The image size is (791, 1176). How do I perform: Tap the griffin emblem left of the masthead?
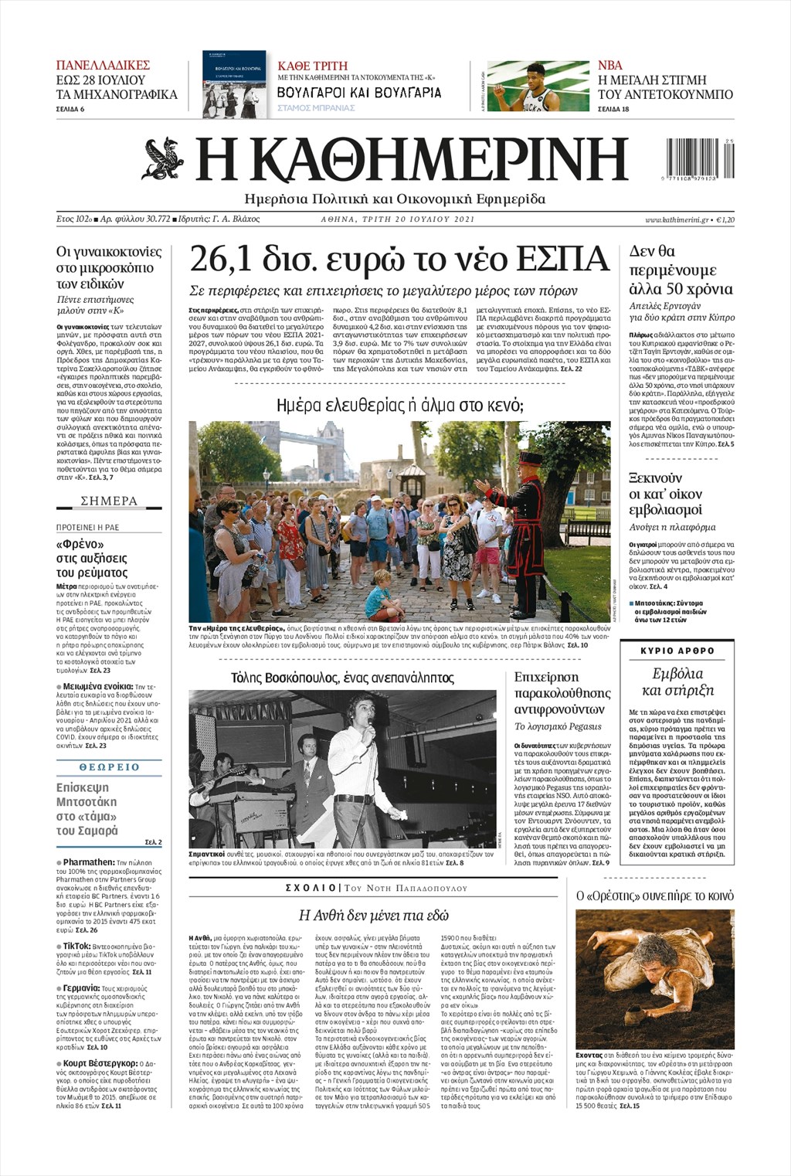163,158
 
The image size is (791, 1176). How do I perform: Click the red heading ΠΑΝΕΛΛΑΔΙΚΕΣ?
103,65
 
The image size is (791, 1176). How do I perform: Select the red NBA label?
609,65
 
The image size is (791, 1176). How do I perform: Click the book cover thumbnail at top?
234,85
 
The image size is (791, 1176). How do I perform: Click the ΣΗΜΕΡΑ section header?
109,501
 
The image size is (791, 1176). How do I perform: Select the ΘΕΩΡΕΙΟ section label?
109,767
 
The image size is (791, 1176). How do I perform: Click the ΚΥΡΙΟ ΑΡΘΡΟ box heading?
677,651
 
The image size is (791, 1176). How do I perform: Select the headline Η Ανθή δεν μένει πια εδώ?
373,915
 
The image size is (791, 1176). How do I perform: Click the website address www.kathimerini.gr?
677,219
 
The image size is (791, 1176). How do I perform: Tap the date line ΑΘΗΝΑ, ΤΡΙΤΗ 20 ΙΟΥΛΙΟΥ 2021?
398,219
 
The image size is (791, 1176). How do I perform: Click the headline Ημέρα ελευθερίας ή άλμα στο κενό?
399,406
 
